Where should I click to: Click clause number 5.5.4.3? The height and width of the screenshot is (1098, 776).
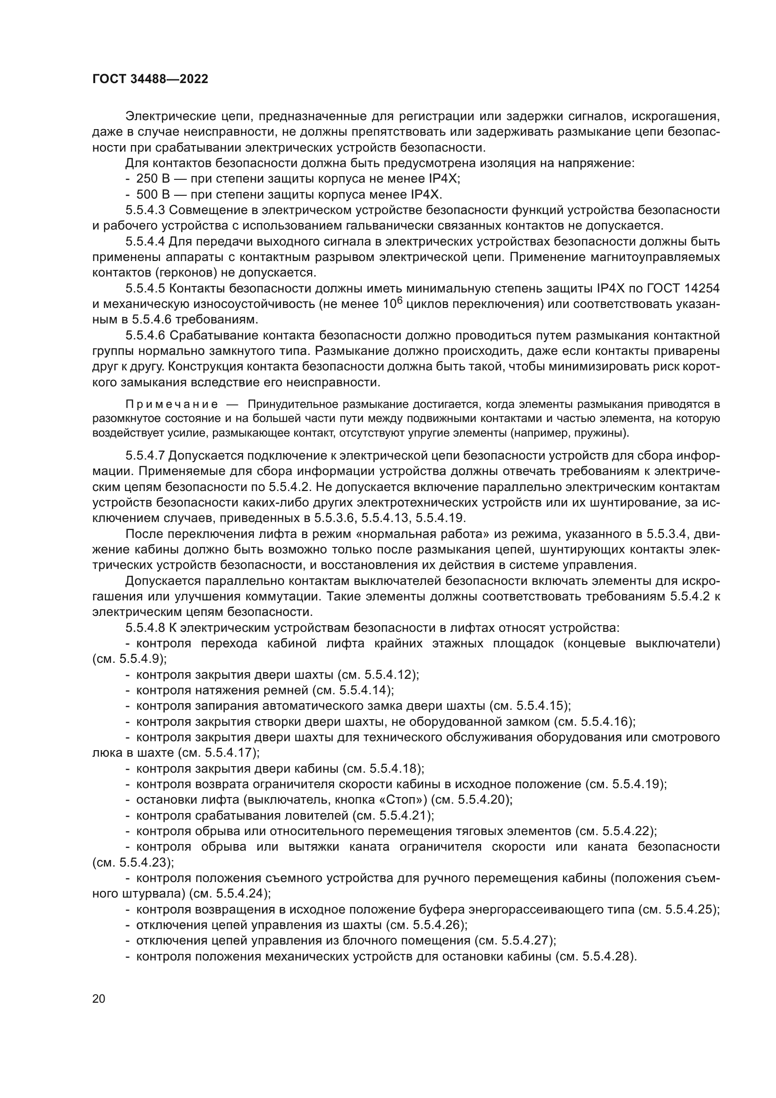coord(145,210)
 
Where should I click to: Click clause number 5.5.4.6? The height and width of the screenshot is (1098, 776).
coord(145,336)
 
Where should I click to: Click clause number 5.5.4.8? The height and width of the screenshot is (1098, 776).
coord(145,628)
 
